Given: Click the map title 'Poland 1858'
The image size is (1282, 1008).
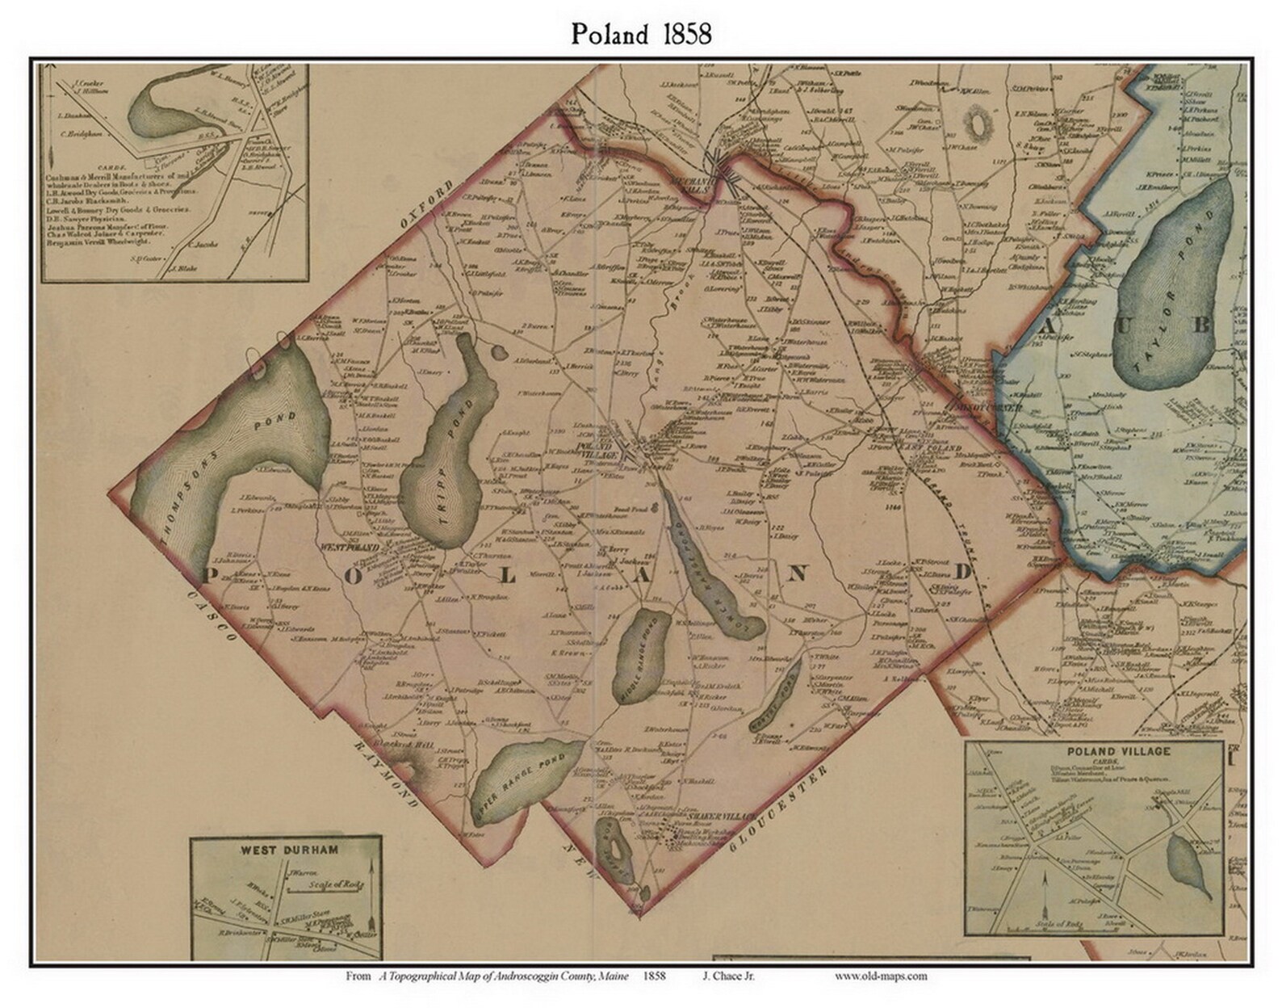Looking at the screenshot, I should tap(641, 34).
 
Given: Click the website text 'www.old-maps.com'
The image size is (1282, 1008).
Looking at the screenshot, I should tap(881, 976).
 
